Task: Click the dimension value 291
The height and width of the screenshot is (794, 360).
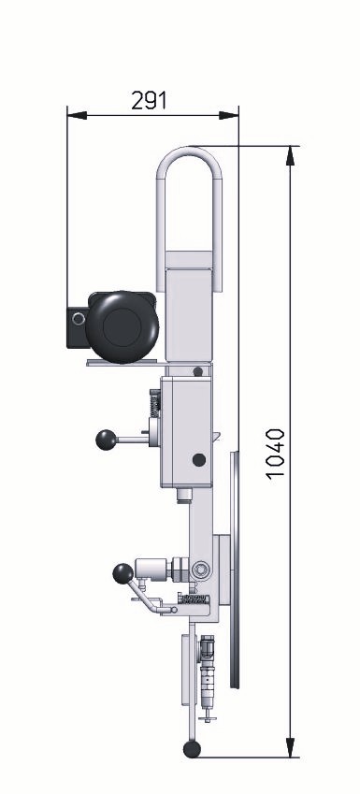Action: pyautogui.click(x=149, y=100)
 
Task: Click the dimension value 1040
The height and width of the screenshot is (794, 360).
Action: pyautogui.click(x=276, y=454)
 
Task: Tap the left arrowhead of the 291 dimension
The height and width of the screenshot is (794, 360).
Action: pyautogui.click(x=77, y=115)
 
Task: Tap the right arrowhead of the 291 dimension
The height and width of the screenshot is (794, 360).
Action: pyautogui.click(x=228, y=115)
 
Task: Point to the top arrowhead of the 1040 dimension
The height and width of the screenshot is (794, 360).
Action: pyautogui.click(x=290, y=156)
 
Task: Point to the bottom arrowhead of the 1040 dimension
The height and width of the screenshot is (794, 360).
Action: pyautogui.click(x=290, y=747)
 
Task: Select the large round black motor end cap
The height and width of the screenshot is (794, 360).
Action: pyautogui.click(x=122, y=327)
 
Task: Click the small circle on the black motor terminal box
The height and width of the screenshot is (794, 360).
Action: pyautogui.click(x=79, y=319)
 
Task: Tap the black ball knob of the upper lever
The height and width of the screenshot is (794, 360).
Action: pyautogui.click(x=106, y=440)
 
